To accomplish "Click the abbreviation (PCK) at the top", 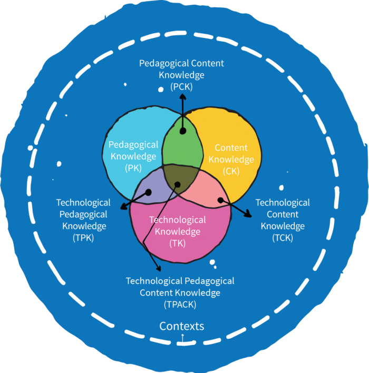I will point(182,86).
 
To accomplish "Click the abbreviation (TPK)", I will point(84,238).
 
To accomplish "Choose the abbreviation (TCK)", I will point(283,238).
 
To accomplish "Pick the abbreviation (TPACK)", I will point(180,305).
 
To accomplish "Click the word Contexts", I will point(182,326).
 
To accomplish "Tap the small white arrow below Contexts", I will point(182,337).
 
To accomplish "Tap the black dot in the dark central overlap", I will point(178,184).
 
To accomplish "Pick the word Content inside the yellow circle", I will point(231,148).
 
